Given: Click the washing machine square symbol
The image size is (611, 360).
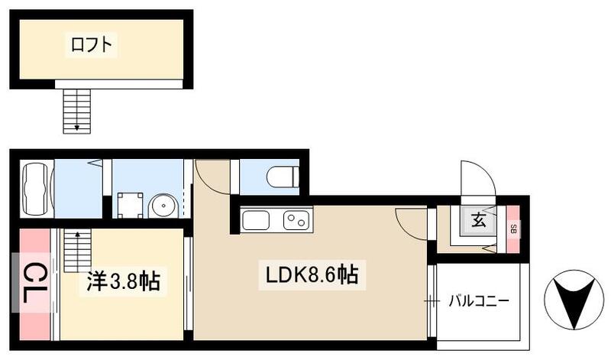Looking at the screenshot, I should (x=128, y=204).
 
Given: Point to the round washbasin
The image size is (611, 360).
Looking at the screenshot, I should (x=162, y=205).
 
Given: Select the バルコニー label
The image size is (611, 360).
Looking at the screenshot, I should (x=478, y=300).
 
